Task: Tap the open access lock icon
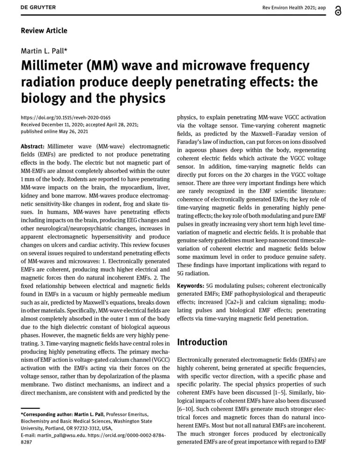[x=338, y=11]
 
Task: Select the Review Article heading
[x=44, y=31]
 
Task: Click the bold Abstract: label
[x=33, y=147]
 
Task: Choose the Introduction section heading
[x=202, y=342]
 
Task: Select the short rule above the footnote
[x=30, y=407]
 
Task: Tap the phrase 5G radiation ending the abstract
[x=193, y=273]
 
